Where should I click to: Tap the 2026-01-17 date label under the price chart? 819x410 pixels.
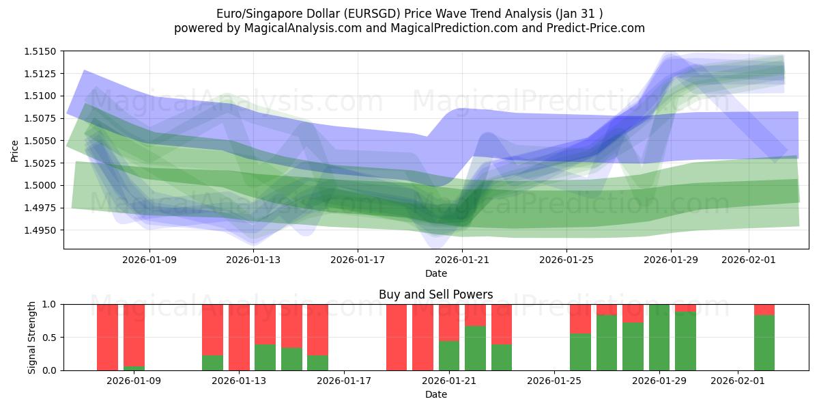358,260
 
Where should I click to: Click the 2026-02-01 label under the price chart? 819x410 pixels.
749,260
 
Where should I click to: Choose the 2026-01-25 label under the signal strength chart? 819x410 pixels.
554,381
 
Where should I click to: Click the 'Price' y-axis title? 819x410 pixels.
15,150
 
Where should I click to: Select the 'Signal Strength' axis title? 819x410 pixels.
32,337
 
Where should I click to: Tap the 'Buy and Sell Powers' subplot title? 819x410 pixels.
435,295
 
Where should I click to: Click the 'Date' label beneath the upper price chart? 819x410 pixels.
435,273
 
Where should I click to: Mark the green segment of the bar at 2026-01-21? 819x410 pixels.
449,355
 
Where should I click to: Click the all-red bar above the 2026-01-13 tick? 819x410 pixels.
239,337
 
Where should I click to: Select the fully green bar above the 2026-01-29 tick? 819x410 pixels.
659,337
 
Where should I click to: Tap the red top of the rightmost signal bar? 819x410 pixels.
764,309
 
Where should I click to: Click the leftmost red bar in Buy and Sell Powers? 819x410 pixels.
107,337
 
